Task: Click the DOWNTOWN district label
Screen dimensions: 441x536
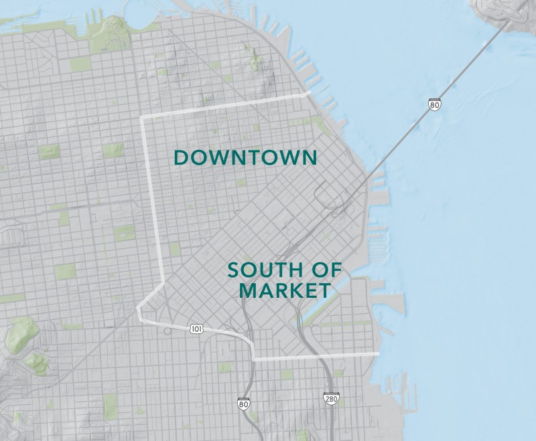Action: click(245, 157)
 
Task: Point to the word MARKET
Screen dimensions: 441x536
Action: click(285, 291)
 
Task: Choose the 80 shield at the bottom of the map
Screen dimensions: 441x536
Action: click(243, 404)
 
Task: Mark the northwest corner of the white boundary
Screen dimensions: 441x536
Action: click(142, 118)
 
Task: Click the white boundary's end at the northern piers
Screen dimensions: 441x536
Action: click(308, 94)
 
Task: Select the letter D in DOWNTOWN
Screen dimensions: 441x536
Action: click(180, 158)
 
